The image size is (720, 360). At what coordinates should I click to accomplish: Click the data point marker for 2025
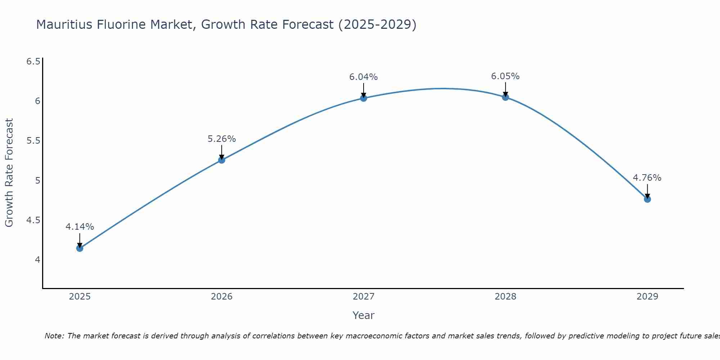(x=80, y=248)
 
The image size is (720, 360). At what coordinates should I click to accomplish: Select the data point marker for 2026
(x=222, y=160)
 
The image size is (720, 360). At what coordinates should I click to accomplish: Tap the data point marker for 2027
(x=364, y=98)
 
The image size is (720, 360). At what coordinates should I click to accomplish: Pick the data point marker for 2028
(x=505, y=97)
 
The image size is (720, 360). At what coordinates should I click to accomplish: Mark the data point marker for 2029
(x=647, y=199)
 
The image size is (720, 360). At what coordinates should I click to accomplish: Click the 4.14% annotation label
(x=80, y=227)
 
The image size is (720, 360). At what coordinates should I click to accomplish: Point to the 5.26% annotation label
(x=222, y=139)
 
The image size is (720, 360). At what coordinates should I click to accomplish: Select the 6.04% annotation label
(x=364, y=77)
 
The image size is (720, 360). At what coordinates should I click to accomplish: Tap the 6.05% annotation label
(x=505, y=76)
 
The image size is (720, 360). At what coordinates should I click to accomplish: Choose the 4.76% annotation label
(x=647, y=178)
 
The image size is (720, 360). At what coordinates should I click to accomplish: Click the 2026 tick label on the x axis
(x=222, y=297)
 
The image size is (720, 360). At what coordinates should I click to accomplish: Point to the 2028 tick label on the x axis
(x=505, y=297)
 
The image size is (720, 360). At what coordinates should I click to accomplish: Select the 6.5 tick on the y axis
(x=33, y=62)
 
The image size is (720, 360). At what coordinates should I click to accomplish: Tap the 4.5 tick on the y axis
(x=33, y=220)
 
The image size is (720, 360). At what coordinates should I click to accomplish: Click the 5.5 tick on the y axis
(x=33, y=141)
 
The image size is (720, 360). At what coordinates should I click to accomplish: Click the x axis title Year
(x=364, y=315)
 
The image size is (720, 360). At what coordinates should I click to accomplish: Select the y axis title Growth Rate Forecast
(x=9, y=173)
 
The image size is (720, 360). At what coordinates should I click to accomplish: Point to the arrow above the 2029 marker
(x=647, y=191)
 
